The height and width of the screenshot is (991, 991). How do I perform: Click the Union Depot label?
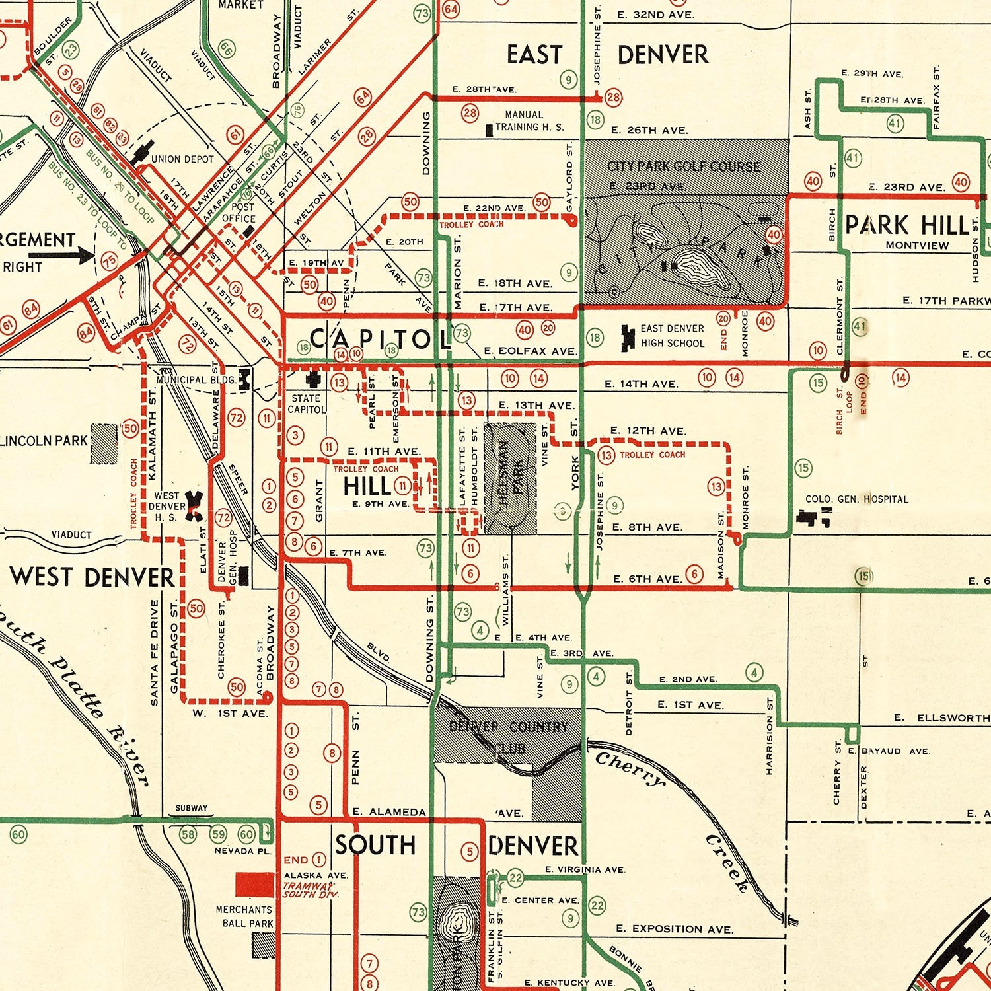coord(182,159)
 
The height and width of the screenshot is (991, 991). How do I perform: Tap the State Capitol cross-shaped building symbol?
coord(312,379)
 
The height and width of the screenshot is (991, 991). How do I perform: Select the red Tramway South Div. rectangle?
coord(254,884)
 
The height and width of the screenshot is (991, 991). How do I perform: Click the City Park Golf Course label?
coord(684,166)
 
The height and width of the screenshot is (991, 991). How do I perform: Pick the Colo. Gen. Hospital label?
coord(856,499)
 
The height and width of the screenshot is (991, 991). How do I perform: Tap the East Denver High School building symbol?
coord(627,336)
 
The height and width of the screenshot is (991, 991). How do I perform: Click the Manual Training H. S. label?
coord(529,121)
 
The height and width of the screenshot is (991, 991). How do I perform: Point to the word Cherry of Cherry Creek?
coord(630,769)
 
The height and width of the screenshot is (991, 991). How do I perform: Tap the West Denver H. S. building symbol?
coord(195,505)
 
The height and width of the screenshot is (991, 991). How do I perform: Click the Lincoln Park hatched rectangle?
coord(103,443)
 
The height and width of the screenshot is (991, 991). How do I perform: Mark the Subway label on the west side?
coord(191,808)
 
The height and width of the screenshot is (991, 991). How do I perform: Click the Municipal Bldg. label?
coord(196,380)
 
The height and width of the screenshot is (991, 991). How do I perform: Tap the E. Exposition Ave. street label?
coord(674,929)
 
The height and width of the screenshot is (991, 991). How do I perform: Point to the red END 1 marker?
coord(304,860)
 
